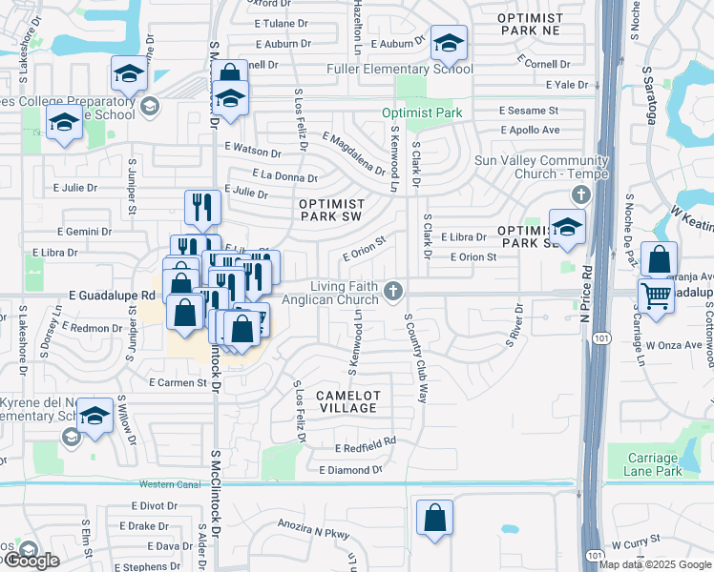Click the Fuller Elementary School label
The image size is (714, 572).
click(412, 69)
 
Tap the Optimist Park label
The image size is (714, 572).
click(422, 112)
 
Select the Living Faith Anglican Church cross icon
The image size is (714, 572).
click(393, 289)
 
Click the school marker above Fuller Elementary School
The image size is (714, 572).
click(448, 43)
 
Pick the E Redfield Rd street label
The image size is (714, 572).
click(365, 446)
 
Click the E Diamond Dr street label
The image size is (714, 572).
click(350, 470)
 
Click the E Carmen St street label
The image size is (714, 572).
click(178, 382)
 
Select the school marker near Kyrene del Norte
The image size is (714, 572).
click(95, 417)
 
